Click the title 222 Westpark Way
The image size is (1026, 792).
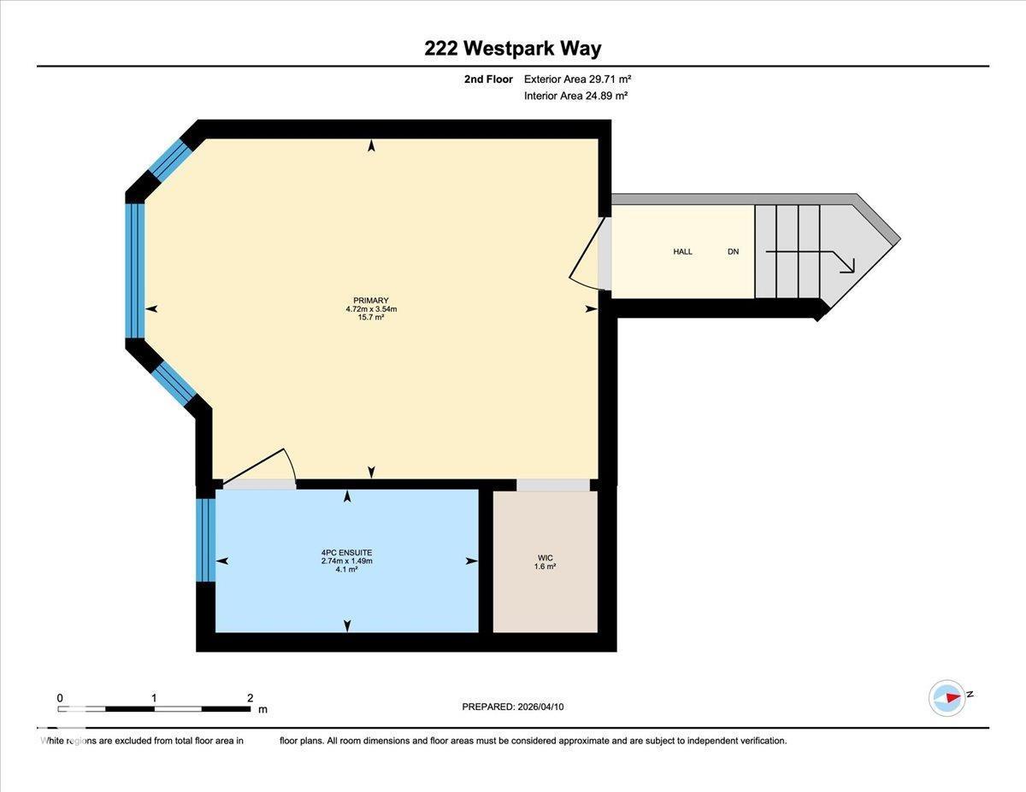512,48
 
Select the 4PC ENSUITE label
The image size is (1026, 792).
346,553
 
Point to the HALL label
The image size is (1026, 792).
682,252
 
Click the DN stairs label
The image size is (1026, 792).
733,252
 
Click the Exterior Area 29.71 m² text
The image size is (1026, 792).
577,79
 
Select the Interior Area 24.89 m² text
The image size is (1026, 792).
575,97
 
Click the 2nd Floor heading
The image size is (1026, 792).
488,79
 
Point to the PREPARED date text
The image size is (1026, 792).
513,707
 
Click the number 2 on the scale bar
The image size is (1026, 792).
250,698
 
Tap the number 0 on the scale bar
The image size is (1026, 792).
60,698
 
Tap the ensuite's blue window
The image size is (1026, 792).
205,540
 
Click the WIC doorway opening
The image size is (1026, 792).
553,485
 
